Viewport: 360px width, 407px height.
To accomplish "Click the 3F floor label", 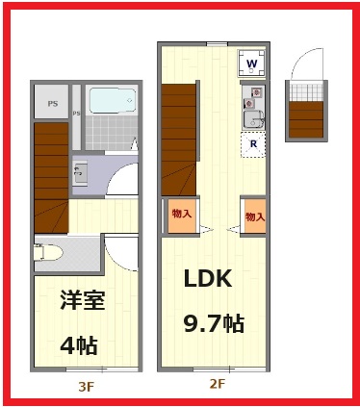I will [86, 387].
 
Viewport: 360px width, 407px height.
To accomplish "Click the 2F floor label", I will [216, 383].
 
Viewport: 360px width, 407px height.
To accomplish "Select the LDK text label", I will [209, 279].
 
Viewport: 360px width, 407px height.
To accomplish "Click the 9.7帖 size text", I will [214, 323].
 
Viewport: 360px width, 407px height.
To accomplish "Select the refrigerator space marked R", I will [253, 145].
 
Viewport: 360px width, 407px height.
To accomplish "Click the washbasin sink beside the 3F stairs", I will [80, 173].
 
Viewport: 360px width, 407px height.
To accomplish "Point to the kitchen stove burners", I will [254, 96].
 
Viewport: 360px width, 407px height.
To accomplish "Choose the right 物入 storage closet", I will [254, 216].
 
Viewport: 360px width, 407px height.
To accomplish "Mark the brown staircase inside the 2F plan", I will [179, 135].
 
